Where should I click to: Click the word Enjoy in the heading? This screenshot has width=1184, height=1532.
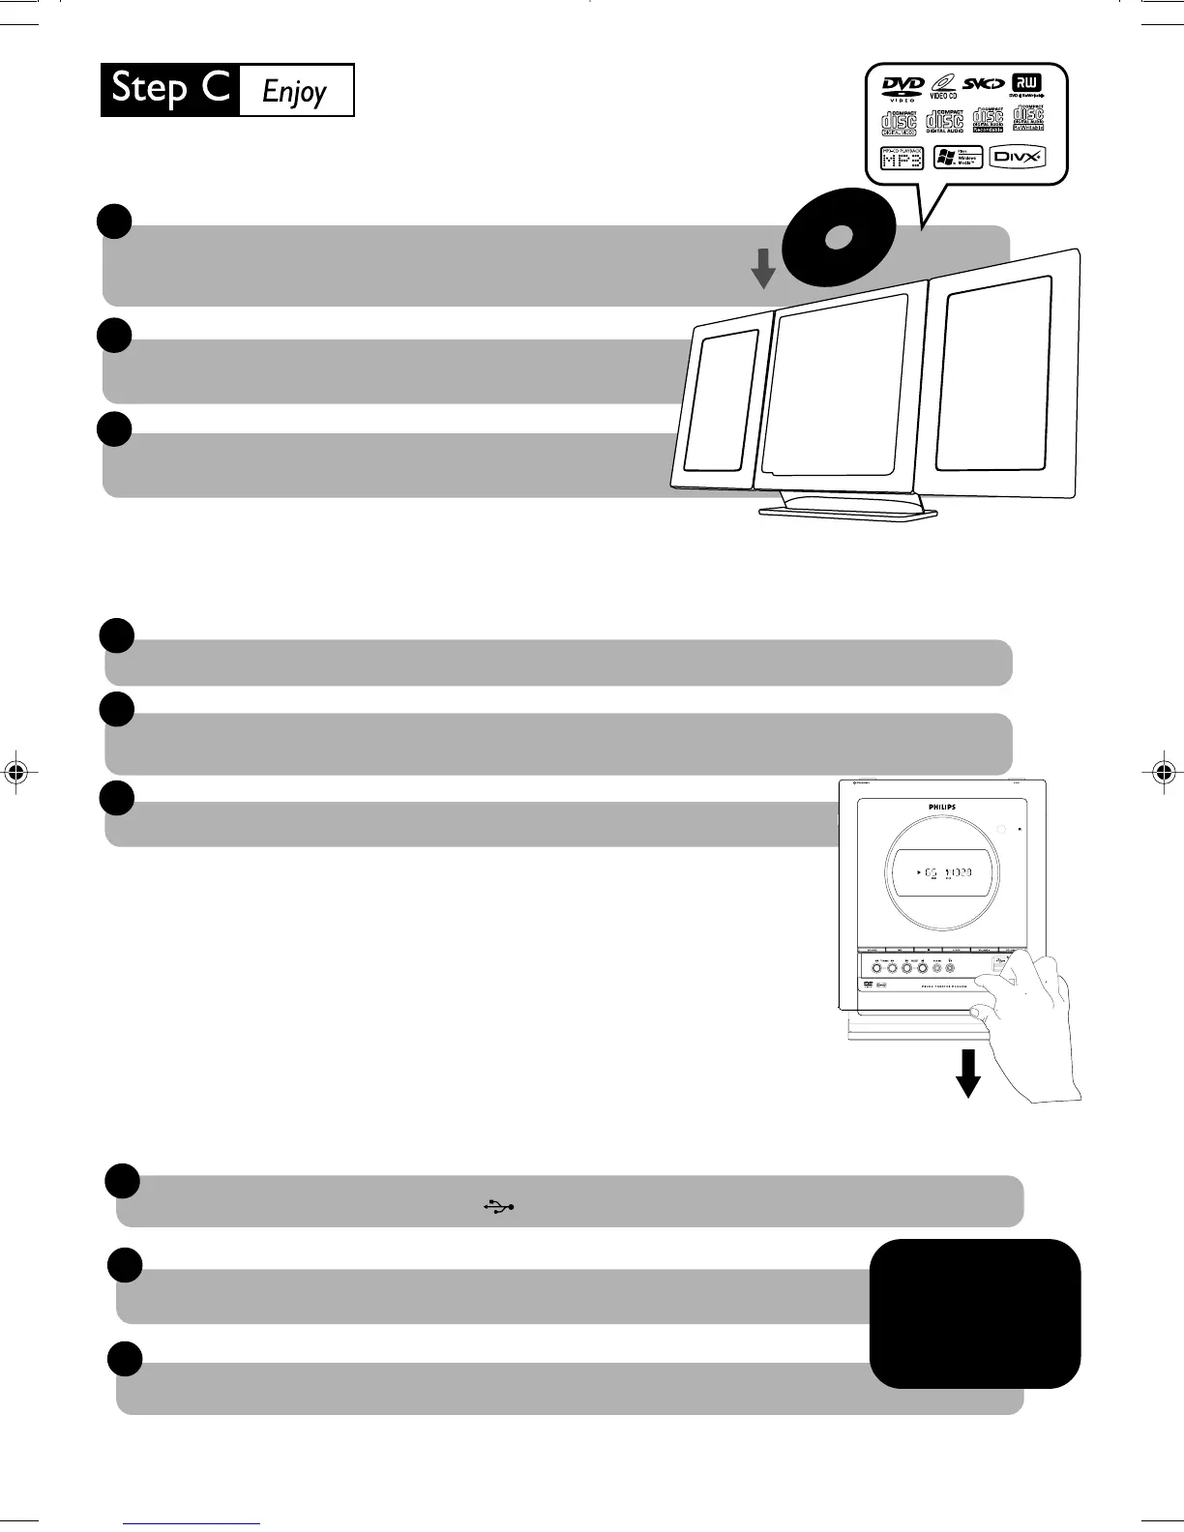(x=295, y=92)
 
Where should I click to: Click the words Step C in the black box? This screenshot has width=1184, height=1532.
(x=170, y=89)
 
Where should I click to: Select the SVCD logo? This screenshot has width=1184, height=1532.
(x=984, y=84)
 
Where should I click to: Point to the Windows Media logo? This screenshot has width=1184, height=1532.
(x=958, y=157)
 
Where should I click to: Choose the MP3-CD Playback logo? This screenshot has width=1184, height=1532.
(x=902, y=158)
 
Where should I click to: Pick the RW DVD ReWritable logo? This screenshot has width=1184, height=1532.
(x=1026, y=86)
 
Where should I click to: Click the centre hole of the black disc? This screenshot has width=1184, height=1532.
(x=838, y=237)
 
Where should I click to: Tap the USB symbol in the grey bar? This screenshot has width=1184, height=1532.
(x=499, y=1206)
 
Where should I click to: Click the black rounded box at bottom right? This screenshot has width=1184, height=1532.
(x=974, y=1312)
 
